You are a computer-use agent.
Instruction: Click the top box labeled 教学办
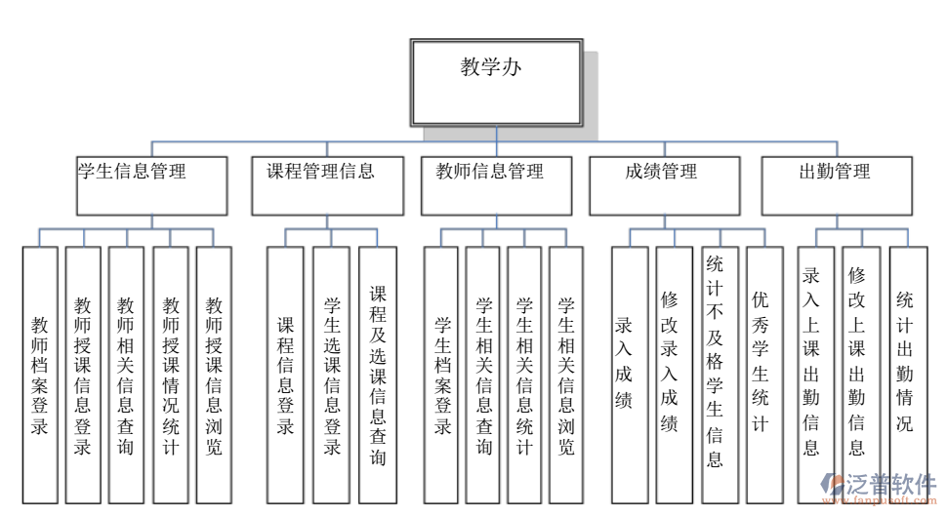496,81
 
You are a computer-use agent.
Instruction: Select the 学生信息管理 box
152,185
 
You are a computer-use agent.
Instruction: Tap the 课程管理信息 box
327,185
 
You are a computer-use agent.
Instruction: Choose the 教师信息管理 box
496,185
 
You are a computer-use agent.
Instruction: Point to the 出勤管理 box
837,185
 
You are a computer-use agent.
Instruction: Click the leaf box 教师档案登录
40,374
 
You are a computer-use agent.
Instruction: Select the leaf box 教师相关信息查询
126,374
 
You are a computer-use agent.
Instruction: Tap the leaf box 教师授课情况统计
170,374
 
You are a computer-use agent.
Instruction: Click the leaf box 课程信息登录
285,374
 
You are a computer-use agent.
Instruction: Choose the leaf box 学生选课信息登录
331,374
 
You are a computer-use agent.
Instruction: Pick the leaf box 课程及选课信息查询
377,374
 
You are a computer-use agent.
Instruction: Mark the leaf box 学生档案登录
441,374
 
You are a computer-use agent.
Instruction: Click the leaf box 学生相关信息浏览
565,374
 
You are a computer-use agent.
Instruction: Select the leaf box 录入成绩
629,374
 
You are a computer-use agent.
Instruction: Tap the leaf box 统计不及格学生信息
719,374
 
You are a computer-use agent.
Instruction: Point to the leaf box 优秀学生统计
764,374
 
